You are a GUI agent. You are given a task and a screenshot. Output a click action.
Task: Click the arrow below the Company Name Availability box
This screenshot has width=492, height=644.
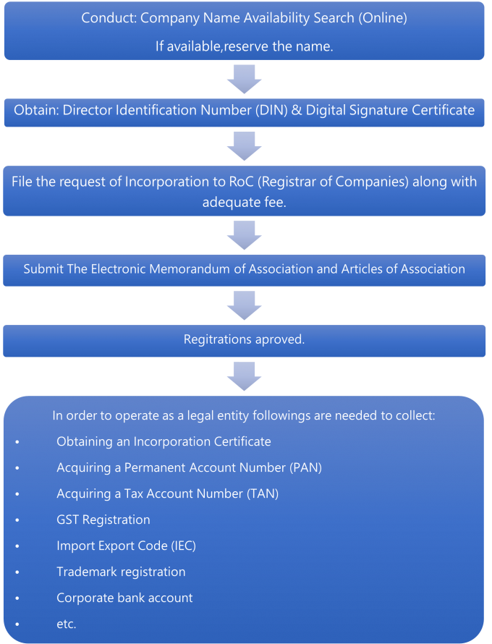[244, 77]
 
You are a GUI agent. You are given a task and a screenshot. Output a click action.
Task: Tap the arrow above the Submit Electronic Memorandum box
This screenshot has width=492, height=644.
[244, 234]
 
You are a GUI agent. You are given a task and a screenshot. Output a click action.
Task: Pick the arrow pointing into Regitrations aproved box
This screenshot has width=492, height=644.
[244, 304]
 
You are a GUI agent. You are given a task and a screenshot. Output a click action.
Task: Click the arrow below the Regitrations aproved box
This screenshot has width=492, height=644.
[244, 374]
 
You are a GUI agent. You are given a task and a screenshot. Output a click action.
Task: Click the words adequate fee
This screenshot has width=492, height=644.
[244, 203]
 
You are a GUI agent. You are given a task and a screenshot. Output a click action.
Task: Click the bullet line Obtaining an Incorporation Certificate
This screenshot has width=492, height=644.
[164, 441]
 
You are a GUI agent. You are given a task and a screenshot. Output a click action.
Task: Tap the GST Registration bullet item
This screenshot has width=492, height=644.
[103, 520]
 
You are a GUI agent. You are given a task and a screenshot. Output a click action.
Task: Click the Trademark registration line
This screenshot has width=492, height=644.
[121, 572]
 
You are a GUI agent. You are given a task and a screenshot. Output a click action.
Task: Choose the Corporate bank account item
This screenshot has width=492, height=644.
[124, 598]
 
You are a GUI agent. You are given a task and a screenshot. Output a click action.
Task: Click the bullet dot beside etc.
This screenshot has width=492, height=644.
[17, 624]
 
